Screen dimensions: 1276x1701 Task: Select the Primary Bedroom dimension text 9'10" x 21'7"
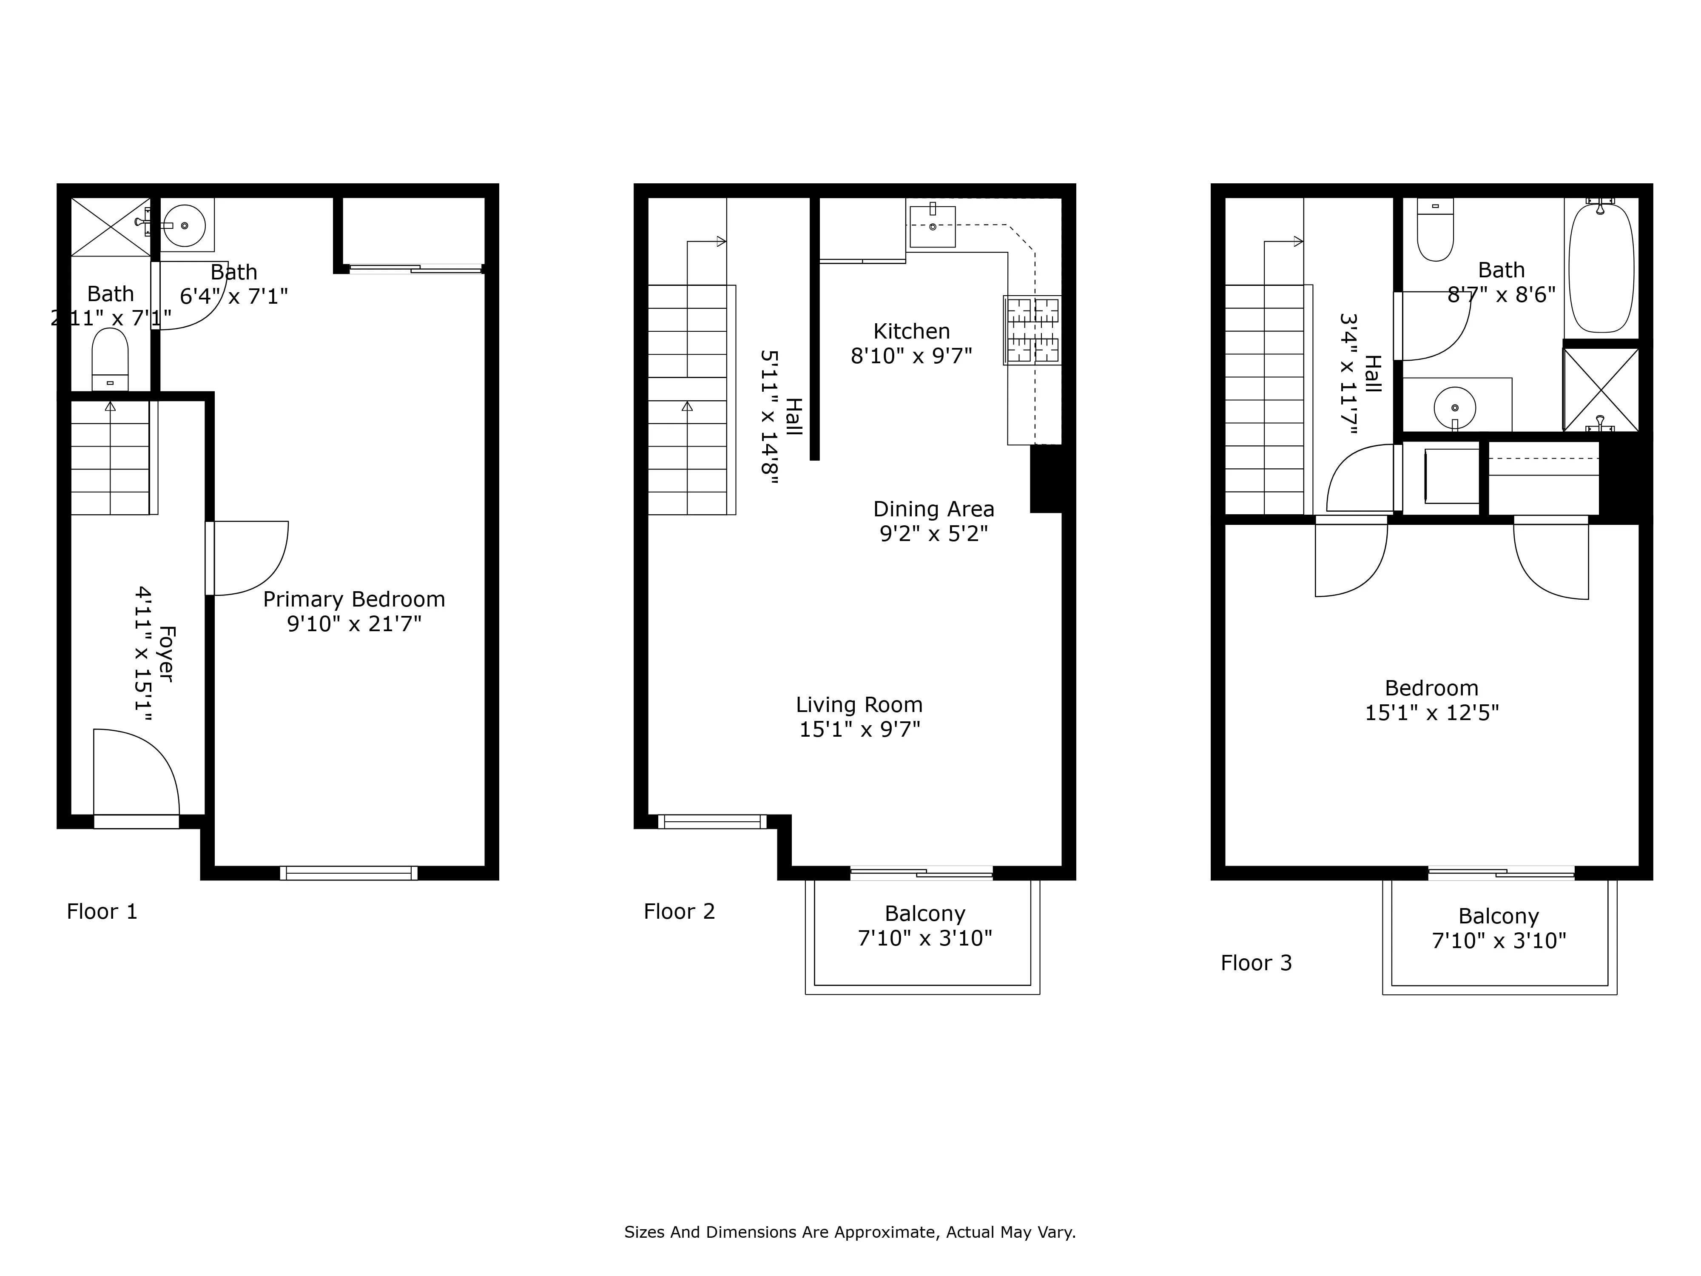click(x=355, y=624)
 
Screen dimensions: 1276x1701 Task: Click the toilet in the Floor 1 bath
click(x=110, y=359)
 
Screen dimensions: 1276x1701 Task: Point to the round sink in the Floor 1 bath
click(x=185, y=225)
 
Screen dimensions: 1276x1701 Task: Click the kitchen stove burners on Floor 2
click(x=1033, y=330)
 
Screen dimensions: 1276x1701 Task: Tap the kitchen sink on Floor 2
click(x=932, y=227)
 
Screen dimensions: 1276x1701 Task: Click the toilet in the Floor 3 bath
click(x=1435, y=231)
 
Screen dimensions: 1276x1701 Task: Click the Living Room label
click(x=859, y=704)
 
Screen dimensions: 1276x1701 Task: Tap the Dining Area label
click(x=933, y=509)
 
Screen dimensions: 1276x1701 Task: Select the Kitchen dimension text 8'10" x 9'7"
click(x=911, y=356)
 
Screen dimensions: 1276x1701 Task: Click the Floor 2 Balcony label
click(x=924, y=914)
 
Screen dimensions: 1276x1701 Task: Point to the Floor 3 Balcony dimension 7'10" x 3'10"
click(x=1499, y=941)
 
